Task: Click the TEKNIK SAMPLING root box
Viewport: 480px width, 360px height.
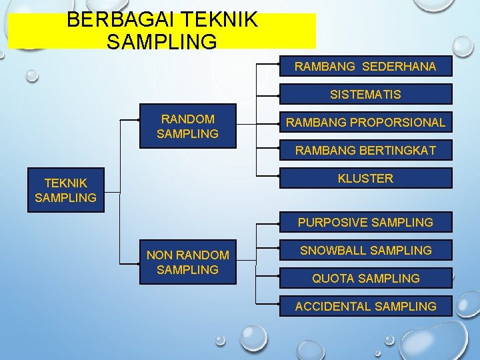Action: click(x=65, y=190)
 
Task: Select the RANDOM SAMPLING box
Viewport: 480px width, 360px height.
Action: click(x=187, y=127)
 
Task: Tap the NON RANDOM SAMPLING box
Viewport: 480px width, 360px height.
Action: click(x=187, y=262)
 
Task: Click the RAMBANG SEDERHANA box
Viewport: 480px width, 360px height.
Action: click(x=365, y=67)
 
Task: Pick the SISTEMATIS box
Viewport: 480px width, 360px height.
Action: click(x=365, y=95)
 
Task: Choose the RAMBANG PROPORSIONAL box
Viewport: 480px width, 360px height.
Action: click(x=365, y=123)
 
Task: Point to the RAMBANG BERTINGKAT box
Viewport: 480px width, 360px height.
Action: click(x=365, y=151)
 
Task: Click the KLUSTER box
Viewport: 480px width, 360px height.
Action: click(x=365, y=179)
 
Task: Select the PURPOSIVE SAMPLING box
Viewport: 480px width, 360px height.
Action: click(x=365, y=223)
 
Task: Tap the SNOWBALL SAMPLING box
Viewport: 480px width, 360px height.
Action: click(x=365, y=251)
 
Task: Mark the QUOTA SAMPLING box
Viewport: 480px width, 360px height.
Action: click(x=365, y=278)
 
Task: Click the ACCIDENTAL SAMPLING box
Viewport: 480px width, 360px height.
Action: click(x=365, y=306)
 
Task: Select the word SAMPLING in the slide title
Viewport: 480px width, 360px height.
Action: click(x=161, y=42)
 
